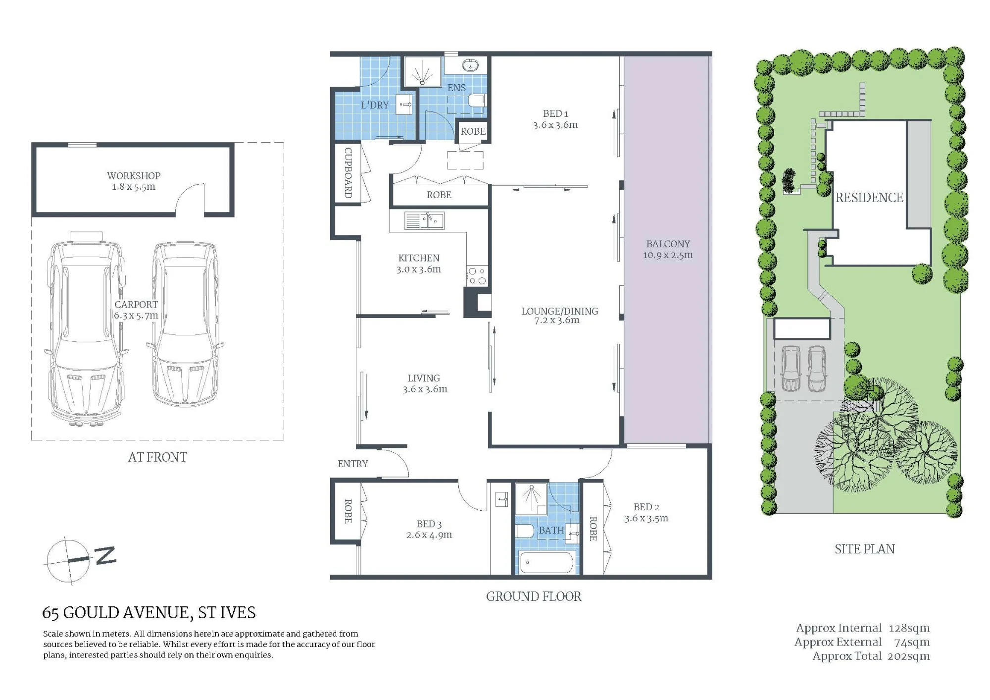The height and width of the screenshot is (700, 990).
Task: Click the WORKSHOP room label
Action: [134, 175]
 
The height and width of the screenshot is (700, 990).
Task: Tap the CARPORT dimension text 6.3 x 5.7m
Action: [136, 316]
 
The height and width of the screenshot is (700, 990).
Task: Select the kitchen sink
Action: [424, 220]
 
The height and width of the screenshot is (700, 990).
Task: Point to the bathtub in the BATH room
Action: [547, 562]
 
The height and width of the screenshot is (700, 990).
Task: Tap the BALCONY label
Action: [668, 244]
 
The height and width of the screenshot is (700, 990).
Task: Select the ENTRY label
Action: [353, 464]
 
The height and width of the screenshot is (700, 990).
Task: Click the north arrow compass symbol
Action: [79, 560]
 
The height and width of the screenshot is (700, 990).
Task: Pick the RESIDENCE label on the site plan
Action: [869, 198]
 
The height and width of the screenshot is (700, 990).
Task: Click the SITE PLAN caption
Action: [865, 549]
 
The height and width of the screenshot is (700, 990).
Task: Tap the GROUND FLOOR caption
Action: [534, 596]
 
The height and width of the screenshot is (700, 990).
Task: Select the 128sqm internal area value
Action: [909, 628]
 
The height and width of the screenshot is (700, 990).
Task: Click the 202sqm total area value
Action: [909, 656]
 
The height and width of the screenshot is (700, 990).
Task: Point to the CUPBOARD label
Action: [348, 173]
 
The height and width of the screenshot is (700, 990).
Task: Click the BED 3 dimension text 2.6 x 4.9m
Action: [429, 535]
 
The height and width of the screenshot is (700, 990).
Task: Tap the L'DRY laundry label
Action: [375, 105]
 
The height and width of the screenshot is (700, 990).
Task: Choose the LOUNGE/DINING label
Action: [560, 311]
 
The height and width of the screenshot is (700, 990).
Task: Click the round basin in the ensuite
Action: [470, 65]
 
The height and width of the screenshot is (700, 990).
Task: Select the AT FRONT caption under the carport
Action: [157, 457]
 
